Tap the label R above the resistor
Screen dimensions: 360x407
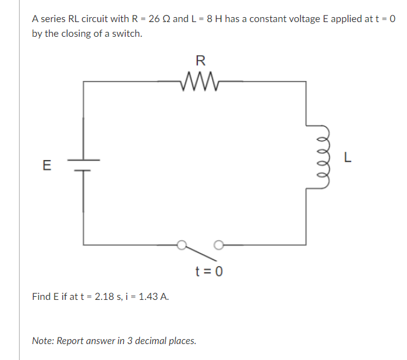pyautogui.click(x=200, y=60)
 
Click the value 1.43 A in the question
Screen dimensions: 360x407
pyautogui.click(x=151, y=297)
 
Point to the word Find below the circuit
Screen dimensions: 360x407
pyautogui.click(x=42, y=297)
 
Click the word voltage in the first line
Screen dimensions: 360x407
pyautogui.click(x=306, y=19)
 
